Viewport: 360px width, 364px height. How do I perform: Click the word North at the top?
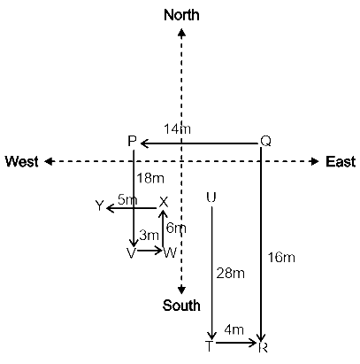point(181,15)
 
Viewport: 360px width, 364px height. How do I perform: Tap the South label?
point(181,306)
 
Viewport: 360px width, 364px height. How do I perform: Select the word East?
point(341,162)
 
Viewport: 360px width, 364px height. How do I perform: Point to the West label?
point(22,162)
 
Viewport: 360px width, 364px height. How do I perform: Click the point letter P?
point(132,141)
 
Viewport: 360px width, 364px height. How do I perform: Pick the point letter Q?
point(265,141)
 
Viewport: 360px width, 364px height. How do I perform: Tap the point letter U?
point(211,197)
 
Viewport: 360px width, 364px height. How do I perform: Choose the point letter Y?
point(100,205)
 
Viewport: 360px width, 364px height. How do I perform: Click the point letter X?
point(164,203)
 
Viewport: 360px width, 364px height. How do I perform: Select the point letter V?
point(131,253)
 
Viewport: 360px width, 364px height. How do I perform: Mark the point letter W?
point(170,252)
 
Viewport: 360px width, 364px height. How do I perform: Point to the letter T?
point(209,346)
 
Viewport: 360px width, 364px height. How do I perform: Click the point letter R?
point(263,347)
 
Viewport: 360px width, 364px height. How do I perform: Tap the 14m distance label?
point(177,129)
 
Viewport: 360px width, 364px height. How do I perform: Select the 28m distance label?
point(231,274)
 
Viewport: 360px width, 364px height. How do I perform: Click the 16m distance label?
point(281,258)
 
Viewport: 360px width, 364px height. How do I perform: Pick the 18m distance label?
point(150,178)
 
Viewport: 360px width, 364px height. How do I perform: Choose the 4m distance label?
point(234,329)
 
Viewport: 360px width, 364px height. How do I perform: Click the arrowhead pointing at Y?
point(110,208)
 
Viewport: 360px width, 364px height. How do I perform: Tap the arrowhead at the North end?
point(181,33)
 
